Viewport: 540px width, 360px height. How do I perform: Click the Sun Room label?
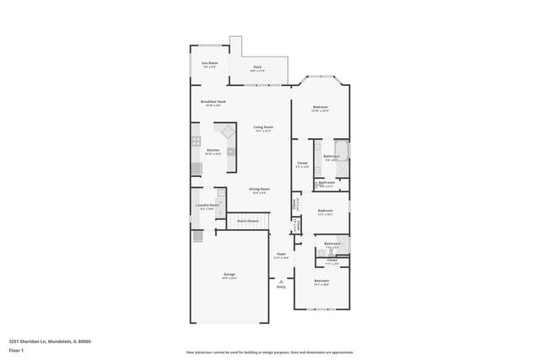[208, 63]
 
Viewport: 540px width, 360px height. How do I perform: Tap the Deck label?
[256, 67]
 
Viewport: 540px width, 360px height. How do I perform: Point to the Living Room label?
[263, 127]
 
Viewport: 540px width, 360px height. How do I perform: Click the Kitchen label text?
[213, 151]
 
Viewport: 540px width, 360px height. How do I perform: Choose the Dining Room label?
[259, 190]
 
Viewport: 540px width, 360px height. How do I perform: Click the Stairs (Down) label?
[247, 221]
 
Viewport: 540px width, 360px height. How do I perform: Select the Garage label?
[229, 275]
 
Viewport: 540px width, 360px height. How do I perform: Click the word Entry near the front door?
[281, 287]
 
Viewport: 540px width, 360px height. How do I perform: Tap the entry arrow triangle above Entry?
[281, 282]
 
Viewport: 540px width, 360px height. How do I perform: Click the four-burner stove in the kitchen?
[196, 142]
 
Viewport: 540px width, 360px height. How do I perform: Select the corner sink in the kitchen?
[228, 132]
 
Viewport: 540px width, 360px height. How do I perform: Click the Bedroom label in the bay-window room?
[321, 107]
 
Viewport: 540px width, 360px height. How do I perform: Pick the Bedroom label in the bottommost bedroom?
[321, 281]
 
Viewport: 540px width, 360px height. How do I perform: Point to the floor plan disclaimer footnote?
[269, 352]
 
